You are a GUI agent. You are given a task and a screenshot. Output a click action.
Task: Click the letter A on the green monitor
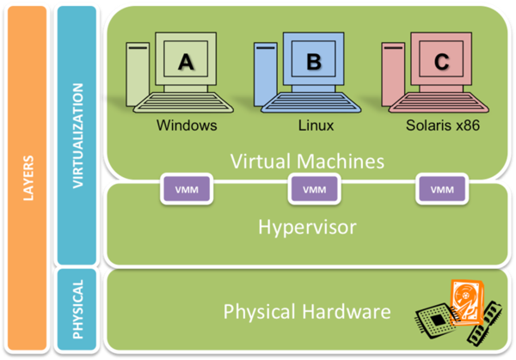click(x=186, y=62)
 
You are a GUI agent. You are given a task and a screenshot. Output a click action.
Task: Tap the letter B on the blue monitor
click(x=314, y=62)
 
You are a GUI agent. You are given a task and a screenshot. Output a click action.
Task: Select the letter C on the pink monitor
click(x=441, y=62)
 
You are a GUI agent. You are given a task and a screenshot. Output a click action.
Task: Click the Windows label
click(x=187, y=125)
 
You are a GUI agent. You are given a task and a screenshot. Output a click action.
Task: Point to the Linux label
click(x=316, y=125)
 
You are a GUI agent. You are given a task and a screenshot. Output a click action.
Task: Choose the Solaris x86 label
click(x=442, y=125)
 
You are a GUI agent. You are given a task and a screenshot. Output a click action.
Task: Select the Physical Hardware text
click(x=308, y=310)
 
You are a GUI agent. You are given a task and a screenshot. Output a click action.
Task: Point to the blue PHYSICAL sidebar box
click(x=77, y=308)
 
